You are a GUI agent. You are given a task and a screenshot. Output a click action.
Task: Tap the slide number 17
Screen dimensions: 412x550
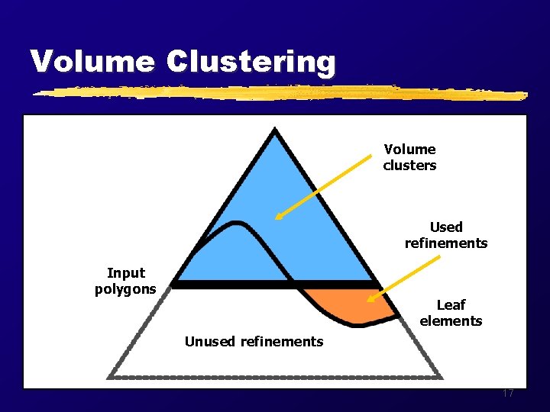tap(508, 394)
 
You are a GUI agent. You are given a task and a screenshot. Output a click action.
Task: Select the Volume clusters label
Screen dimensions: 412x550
tap(410, 157)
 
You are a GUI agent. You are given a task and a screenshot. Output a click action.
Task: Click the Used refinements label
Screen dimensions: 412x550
tap(446, 235)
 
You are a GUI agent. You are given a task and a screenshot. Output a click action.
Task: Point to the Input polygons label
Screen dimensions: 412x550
tap(125, 281)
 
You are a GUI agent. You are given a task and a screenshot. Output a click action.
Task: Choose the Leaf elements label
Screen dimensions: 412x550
tap(451, 313)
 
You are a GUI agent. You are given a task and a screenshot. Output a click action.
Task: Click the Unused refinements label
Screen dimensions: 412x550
tap(254, 341)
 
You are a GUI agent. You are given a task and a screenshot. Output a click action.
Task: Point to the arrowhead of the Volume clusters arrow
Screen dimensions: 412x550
tap(278, 217)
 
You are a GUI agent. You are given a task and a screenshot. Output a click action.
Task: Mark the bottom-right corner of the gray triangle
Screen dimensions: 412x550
tap(440, 376)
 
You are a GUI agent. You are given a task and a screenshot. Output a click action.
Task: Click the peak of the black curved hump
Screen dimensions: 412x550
tap(237, 223)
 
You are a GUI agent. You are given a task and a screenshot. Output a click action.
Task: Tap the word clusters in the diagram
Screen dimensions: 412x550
tap(410, 166)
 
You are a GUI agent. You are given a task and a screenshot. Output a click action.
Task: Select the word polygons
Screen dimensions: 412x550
tap(125, 289)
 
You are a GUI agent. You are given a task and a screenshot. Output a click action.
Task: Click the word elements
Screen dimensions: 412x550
tap(451, 321)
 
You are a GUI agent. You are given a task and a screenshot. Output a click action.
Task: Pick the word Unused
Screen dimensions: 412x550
tap(210, 341)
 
